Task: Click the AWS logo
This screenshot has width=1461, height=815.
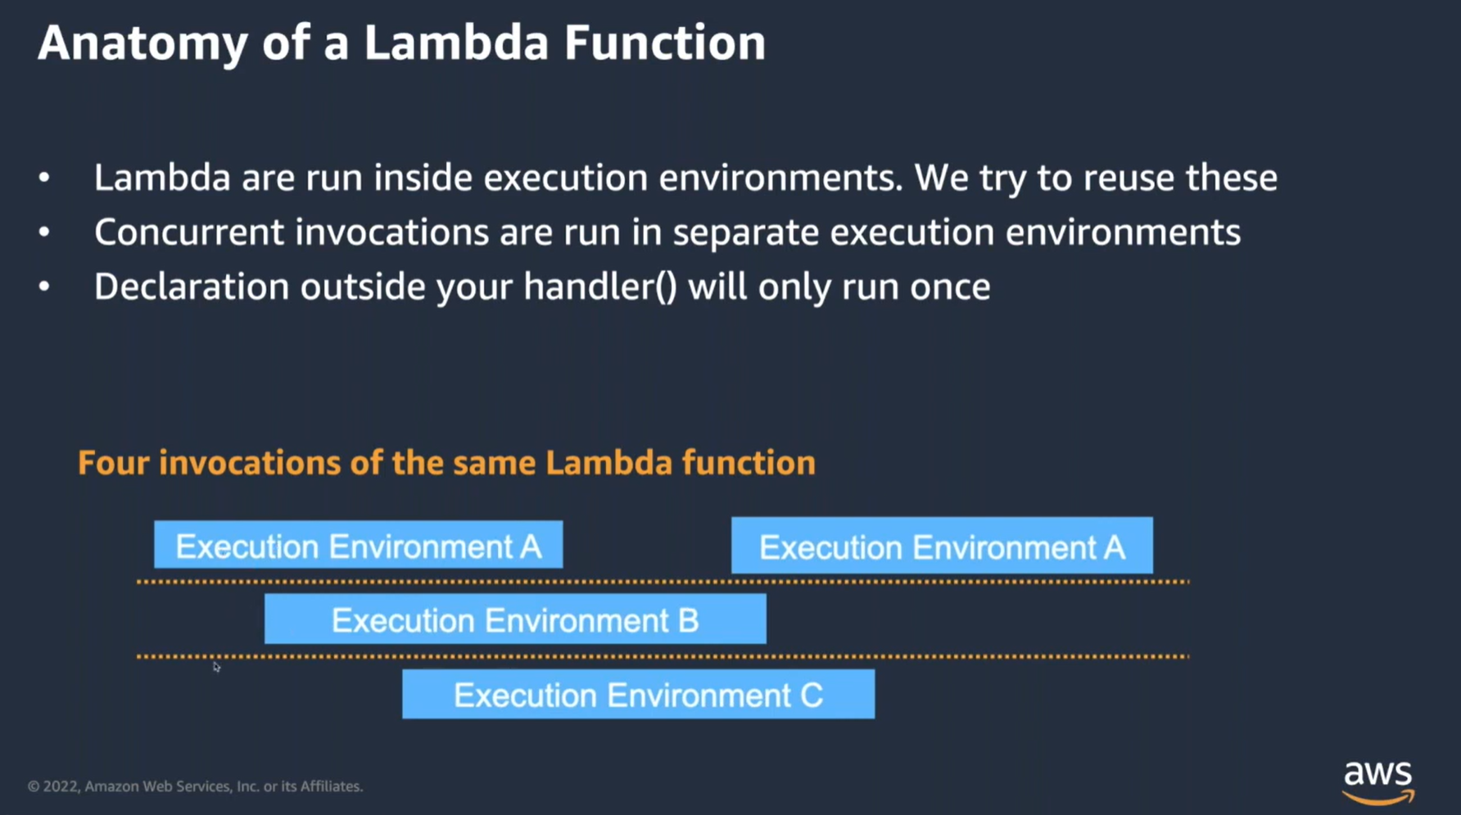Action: click(1378, 782)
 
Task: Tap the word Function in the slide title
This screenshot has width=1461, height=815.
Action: click(664, 43)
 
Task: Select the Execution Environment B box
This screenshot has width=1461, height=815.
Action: click(515, 619)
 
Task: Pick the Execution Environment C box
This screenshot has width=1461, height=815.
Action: click(638, 695)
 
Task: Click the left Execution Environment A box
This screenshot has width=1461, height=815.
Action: click(358, 545)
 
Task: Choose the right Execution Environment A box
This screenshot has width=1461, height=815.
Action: click(942, 546)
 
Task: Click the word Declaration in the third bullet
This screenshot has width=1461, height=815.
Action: click(192, 287)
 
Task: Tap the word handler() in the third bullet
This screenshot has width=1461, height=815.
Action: click(601, 287)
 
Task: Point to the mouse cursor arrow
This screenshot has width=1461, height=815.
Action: click(216, 667)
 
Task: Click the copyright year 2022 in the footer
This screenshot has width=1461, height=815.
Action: click(61, 786)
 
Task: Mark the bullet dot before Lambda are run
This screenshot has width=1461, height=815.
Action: click(44, 178)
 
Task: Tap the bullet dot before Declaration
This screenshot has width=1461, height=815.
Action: click(44, 287)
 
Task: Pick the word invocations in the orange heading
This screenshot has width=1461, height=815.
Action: click(250, 463)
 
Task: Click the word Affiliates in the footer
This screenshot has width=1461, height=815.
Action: click(332, 786)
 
